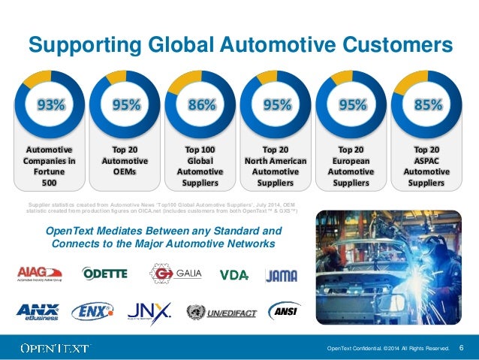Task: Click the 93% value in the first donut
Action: pyautogui.click(x=47, y=105)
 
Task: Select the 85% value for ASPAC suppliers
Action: pyautogui.click(x=427, y=105)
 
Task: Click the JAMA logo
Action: pyautogui.click(x=282, y=275)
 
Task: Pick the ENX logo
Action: pyautogui.click(x=92, y=310)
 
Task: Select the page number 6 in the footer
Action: pyautogui.click(x=460, y=347)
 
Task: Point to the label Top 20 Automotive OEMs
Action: pyautogui.click(x=124, y=160)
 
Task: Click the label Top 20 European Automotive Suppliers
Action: pyautogui.click(x=351, y=165)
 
